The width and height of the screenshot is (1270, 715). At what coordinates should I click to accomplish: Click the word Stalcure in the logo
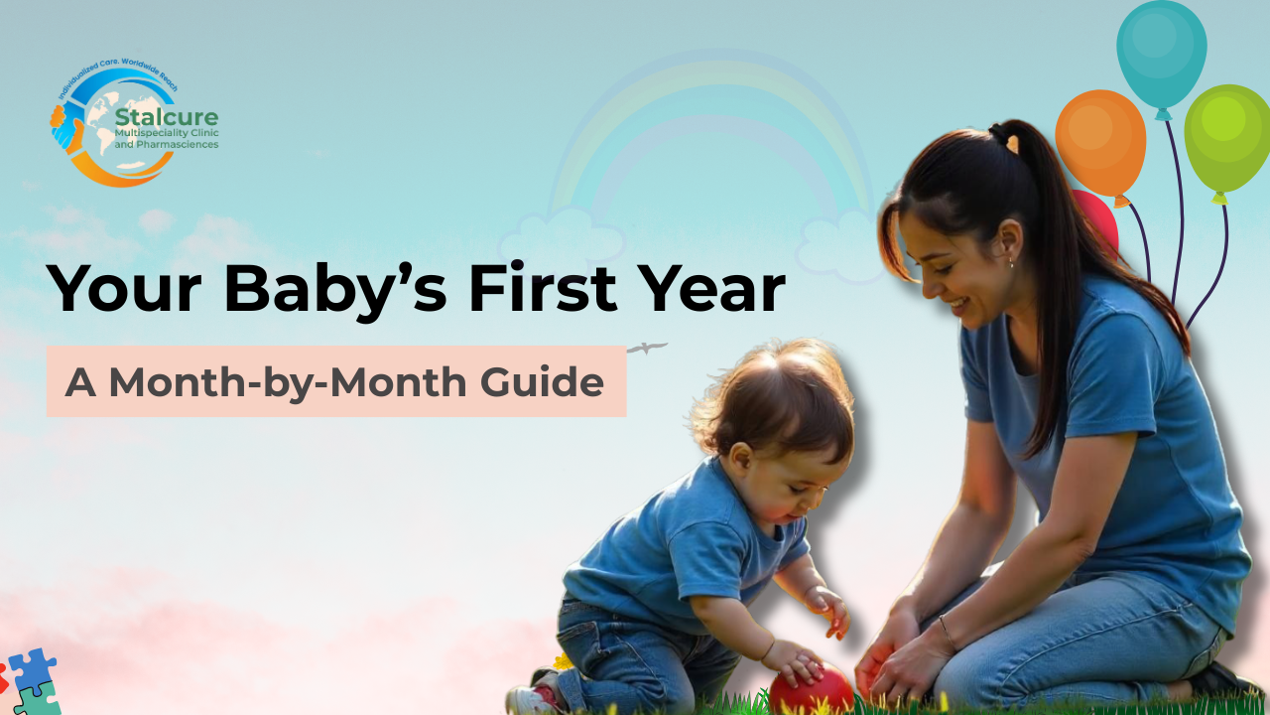(166, 117)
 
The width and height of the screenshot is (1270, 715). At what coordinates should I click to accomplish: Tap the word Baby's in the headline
(337, 289)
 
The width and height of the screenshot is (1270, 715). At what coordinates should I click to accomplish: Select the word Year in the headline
(714, 288)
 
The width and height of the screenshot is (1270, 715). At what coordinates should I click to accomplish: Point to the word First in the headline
(543, 287)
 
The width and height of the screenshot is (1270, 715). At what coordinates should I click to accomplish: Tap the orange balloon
(1100, 146)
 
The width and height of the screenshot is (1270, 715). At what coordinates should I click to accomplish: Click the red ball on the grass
(812, 689)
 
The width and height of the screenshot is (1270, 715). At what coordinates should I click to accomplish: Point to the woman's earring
(1011, 263)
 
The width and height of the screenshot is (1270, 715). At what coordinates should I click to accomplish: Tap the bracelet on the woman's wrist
(946, 633)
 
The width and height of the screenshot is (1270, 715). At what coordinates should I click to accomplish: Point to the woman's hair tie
(999, 134)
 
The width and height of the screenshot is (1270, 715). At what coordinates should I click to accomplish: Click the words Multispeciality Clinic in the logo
(167, 133)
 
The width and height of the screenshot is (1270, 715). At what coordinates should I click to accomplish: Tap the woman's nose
(929, 287)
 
